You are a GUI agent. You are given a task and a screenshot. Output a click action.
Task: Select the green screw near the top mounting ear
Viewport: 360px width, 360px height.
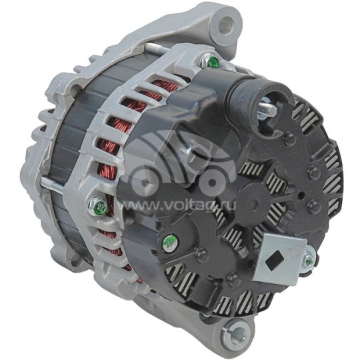point(213,63)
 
